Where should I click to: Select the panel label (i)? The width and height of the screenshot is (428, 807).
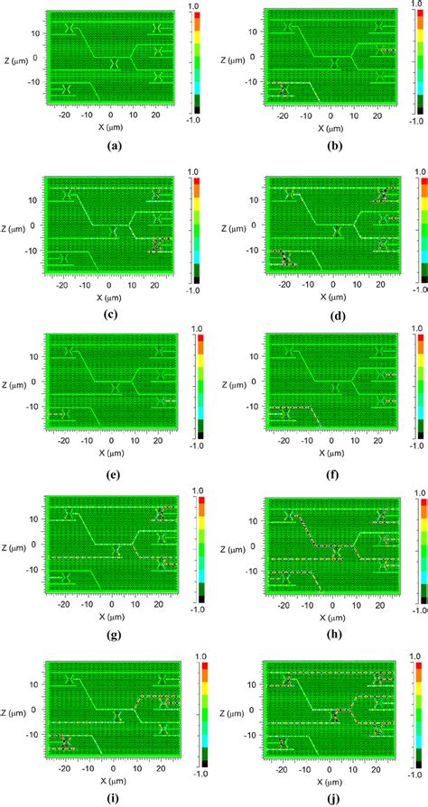(114, 795)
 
